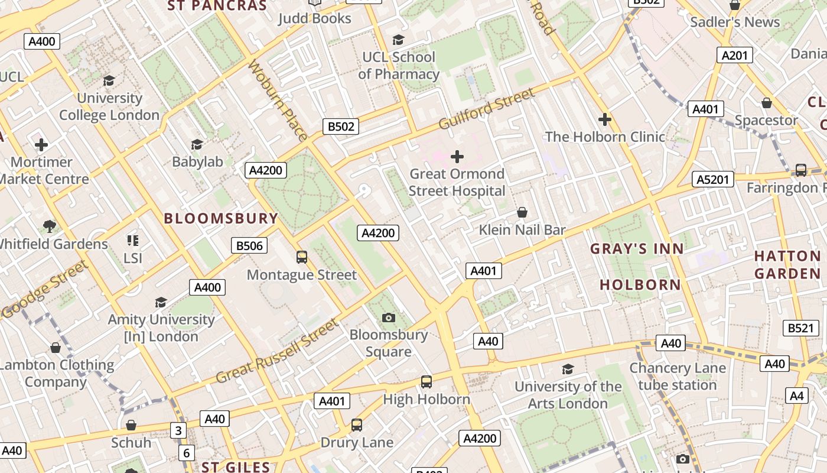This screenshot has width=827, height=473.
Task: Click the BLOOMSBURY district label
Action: point(221,218)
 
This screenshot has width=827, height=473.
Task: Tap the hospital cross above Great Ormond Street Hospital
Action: point(457,157)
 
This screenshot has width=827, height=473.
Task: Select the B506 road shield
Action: point(249,245)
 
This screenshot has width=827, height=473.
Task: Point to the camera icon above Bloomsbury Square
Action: point(388,318)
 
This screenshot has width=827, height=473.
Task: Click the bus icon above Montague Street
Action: point(302,257)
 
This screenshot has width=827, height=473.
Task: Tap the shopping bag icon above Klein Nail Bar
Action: point(522,212)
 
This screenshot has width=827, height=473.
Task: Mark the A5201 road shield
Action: point(712,179)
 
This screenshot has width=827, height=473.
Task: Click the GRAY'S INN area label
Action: point(637,249)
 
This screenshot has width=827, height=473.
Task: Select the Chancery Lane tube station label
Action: point(677,377)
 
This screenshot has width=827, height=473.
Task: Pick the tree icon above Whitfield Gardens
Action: point(50,226)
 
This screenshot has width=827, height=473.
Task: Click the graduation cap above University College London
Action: point(109,80)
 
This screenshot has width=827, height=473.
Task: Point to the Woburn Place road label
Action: point(278,100)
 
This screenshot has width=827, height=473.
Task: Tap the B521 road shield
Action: point(800,328)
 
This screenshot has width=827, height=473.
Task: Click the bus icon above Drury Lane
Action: point(357,425)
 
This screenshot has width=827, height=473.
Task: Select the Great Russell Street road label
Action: point(278,351)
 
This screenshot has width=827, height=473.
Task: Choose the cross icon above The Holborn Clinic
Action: point(605,119)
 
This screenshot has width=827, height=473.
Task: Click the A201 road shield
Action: point(735,56)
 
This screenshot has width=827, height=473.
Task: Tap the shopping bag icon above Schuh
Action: point(131,425)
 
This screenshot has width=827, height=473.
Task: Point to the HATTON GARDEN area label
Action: point(787,265)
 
